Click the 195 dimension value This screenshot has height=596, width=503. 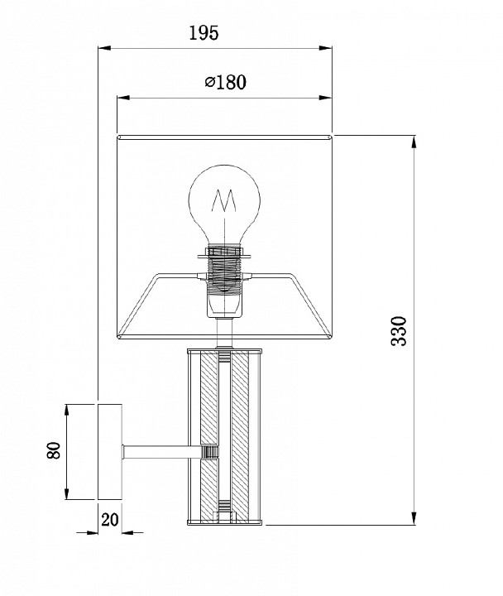(204, 33)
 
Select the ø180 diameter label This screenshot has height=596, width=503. (226, 82)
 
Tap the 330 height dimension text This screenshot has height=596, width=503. (399, 330)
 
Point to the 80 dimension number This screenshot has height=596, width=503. (54, 450)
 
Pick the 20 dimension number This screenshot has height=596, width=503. (110, 520)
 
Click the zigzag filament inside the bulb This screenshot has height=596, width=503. (223, 200)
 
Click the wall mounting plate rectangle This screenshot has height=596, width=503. (110, 452)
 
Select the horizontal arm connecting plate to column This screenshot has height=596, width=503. (161, 452)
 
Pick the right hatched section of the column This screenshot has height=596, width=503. (240, 437)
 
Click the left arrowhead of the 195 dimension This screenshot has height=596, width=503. (104, 48)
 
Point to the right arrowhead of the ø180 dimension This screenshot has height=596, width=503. (326, 98)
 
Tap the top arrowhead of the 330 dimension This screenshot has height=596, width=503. (414, 142)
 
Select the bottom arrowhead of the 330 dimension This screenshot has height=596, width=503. (414, 518)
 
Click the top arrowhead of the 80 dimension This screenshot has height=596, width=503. (67, 411)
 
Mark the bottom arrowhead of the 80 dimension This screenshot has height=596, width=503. (67, 493)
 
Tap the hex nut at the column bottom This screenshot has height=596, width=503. (224, 517)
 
